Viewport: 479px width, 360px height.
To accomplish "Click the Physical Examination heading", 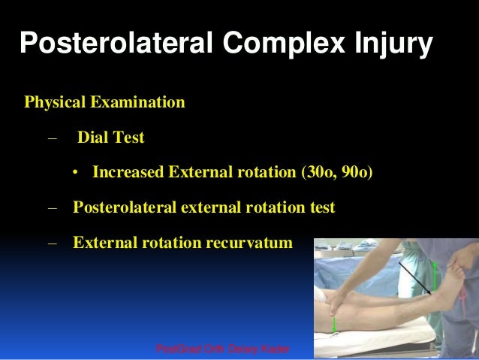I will (x=104, y=101).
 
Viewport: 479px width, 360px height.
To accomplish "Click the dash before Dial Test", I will (x=52, y=138).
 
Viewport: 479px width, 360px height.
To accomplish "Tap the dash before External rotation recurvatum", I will (x=52, y=243).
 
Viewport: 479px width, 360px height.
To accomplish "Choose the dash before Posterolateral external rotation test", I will (x=52, y=207).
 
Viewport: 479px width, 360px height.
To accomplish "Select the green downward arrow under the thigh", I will (x=334, y=325).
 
